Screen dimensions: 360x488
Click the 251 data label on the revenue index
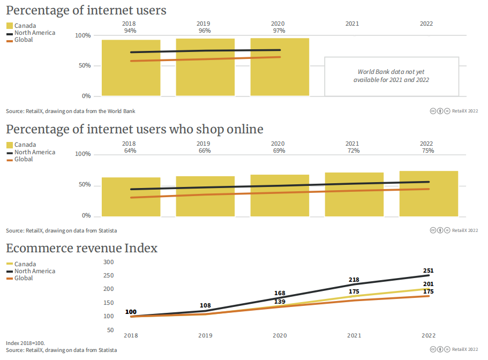point(428,271)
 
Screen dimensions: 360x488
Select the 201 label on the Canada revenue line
point(428,284)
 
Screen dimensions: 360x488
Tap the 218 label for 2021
point(354,280)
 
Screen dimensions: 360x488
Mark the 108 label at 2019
point(205,305)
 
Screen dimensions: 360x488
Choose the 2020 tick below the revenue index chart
point(280,336)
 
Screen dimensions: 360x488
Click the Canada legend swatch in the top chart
point(10,26)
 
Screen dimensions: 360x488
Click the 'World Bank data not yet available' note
point(392,76)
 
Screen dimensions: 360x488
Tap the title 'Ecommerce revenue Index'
point(81,249)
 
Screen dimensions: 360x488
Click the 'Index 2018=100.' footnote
point(26,343)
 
